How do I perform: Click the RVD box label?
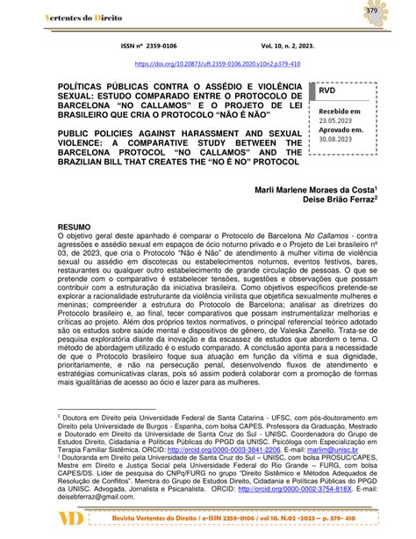(x=327, y=91)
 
